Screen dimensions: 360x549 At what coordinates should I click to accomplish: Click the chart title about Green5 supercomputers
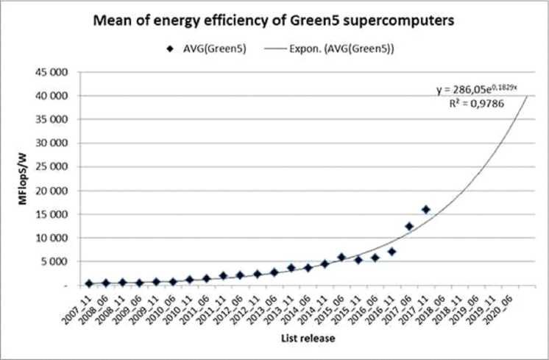[274, 23]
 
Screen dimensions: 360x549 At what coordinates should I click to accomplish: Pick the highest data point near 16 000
[426, 210]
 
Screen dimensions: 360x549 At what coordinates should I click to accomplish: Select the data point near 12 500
[409, 226]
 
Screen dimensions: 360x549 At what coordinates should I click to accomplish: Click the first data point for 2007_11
[89, 283]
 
